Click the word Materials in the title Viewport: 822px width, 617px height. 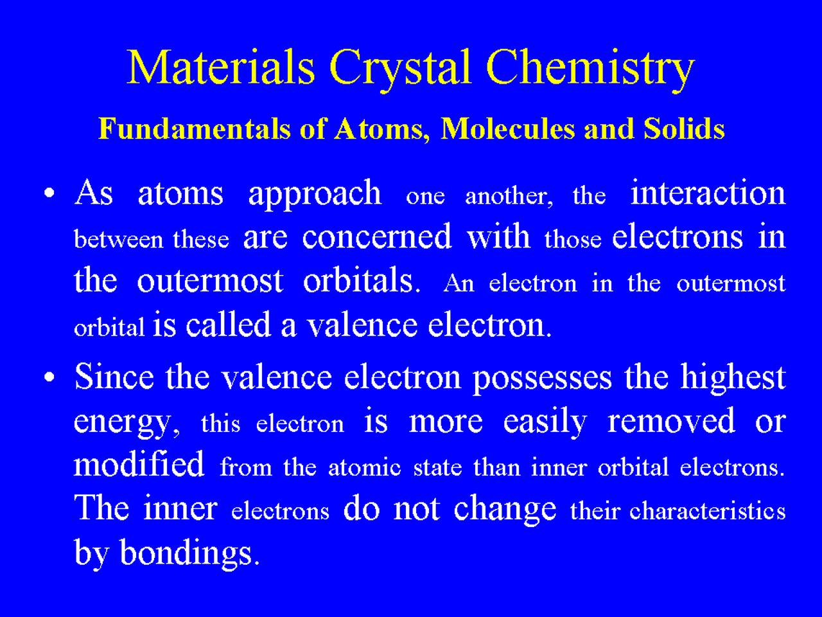click(221, 67)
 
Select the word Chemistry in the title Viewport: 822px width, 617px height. click(590, 71)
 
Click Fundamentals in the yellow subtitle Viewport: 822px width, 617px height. click(195, 129)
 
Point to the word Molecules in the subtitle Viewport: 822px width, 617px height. click(508, 129)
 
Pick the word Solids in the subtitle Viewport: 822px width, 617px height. click(684, 129)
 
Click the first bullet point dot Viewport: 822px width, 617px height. click(49, 193)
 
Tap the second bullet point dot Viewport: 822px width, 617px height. click(49, 377)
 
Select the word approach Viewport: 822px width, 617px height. click(315, 195)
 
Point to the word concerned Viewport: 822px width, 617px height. click(377, 237)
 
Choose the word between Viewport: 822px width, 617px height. click(119, 239)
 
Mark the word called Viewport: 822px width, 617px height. click(229, 325)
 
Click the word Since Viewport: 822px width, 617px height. click(114, 377)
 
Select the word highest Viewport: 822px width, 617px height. click(733, 379)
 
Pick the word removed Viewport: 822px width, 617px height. click(671, 421)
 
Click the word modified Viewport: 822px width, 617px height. click(139, 464)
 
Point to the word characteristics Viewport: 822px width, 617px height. click(708, 510)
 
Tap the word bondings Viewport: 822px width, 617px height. click(186, 555)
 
